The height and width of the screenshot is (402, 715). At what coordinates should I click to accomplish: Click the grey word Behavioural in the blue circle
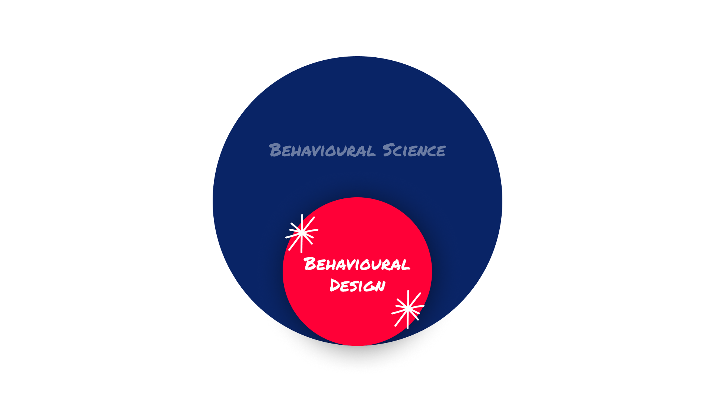click(x=322, y=150)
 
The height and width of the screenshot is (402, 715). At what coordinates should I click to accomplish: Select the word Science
click(x=414, y=150)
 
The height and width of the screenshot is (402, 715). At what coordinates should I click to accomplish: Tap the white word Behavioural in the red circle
click(x=357, y=264)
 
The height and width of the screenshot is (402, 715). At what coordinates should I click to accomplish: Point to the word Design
click(x=357, y=285)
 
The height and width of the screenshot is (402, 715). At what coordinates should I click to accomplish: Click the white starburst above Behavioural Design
click(x=302, y=233)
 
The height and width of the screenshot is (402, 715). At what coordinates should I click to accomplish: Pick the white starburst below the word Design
click(x=408, y=309)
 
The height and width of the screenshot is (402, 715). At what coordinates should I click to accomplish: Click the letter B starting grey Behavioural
click(x=275, y=150)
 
